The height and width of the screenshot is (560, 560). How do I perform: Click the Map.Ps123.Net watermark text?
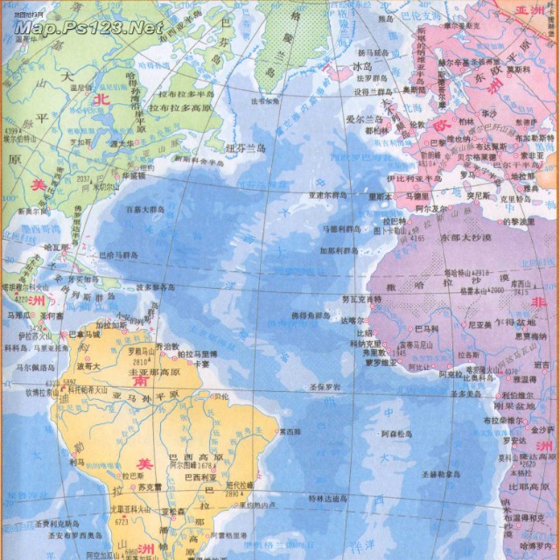click(x=88, y=27)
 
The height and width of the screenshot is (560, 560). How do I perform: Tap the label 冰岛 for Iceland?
click(x=362, y=65)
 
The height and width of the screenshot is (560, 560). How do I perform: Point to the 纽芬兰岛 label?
click(x=245, y=148)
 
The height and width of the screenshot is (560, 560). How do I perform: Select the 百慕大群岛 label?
click(x=145, y=209)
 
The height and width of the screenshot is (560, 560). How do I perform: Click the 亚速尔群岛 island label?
click(x=329, y=195)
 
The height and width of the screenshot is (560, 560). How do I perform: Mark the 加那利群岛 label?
click(x=339, y=250)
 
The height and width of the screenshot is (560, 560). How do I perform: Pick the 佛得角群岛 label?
click(x=311, y=314)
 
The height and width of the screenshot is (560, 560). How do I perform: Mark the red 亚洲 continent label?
click(x=530, y=10)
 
